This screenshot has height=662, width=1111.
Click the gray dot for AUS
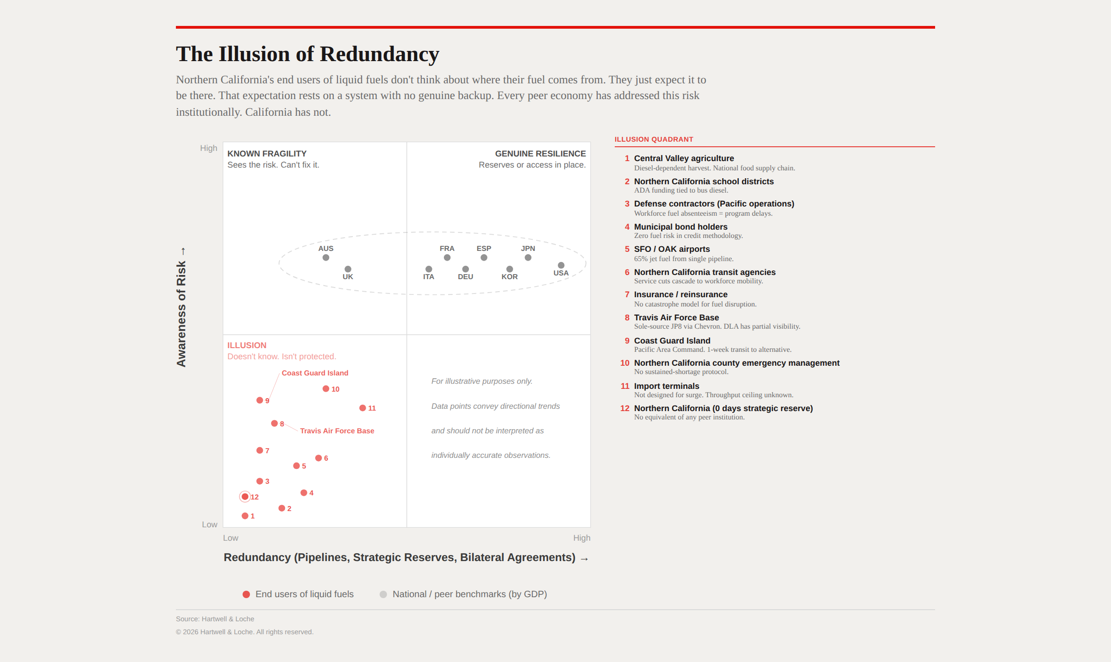326,258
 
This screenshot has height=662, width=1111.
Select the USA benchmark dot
561,265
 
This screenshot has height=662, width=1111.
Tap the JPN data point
528,258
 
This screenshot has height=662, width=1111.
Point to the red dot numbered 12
245,497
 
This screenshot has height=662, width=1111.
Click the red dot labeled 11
362,408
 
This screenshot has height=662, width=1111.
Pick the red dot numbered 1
245,516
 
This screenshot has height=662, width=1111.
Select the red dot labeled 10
326,389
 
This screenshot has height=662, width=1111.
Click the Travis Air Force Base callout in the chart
337,431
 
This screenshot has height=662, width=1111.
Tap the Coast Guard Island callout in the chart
315,373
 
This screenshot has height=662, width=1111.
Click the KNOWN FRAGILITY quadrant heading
267,154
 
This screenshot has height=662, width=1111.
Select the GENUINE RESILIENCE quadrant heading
540,154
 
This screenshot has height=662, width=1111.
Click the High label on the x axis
581,538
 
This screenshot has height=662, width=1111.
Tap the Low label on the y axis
209,525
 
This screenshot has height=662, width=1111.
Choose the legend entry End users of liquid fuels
304,594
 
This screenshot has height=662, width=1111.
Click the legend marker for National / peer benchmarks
383,594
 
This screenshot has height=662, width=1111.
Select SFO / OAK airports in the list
672,249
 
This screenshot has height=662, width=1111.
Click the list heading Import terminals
667,386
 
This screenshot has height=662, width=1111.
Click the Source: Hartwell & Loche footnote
215,619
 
